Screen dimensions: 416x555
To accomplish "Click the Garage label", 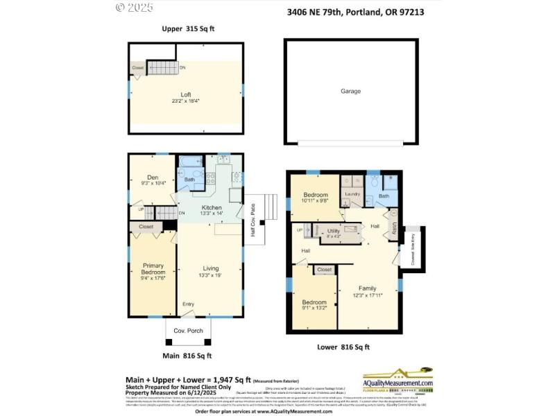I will (350, 91).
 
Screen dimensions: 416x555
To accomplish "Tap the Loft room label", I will (186, 95).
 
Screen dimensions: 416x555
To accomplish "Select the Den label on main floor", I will (153, 177).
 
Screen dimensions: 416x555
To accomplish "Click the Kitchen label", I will (212, 208).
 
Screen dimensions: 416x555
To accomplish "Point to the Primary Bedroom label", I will (153, 269).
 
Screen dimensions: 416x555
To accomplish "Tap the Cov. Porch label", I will (188, 331).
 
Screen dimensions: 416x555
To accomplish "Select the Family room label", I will (368, 288).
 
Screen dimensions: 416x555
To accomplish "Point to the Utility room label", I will (333, 230).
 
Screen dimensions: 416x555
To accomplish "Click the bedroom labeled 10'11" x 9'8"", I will (314, 196).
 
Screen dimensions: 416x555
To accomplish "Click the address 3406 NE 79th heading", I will (355, 12).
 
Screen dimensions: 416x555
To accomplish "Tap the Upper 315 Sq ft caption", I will (189, 28).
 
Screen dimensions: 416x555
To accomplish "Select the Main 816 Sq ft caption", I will (187, 356).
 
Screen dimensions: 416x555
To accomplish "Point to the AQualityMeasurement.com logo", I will (398, 380).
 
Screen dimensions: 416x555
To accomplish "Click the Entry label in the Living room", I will (188, 304).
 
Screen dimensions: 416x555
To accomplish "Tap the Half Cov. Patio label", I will (253, 224).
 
